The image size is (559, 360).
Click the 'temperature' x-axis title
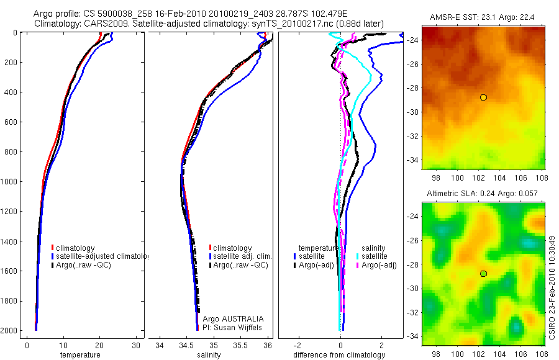point(80,355)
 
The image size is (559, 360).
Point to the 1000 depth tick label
point(9,182)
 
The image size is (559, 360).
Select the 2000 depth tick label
point(9,331)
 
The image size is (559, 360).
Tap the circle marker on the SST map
point(483,97)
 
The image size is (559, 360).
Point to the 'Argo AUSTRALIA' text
point(230,318)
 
